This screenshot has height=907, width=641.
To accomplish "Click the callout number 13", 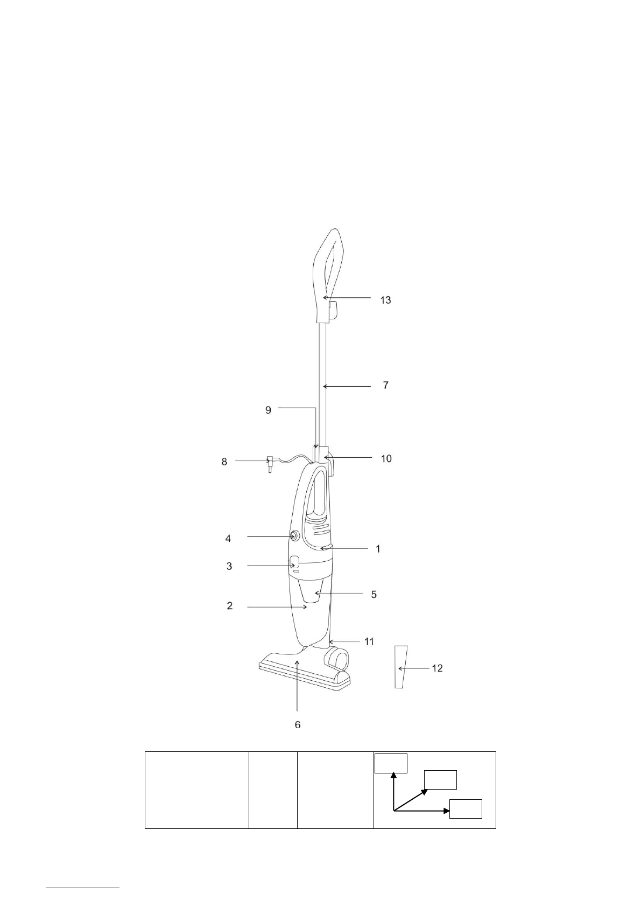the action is click(385, 300).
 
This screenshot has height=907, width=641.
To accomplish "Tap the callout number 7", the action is click(386, 385).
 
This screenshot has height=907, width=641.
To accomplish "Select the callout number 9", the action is click(268, 410).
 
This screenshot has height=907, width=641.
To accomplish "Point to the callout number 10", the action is click(386, 458).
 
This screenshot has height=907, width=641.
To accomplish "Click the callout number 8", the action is click(224, 462).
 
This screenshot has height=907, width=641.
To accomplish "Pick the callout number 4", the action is click(228, 539).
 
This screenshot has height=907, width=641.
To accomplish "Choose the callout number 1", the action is click(378, 549).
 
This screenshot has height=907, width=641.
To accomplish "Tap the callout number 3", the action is click(229, 566).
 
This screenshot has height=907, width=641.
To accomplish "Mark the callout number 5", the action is click(374, 595).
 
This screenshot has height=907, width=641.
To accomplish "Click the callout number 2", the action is click(230, 606).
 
